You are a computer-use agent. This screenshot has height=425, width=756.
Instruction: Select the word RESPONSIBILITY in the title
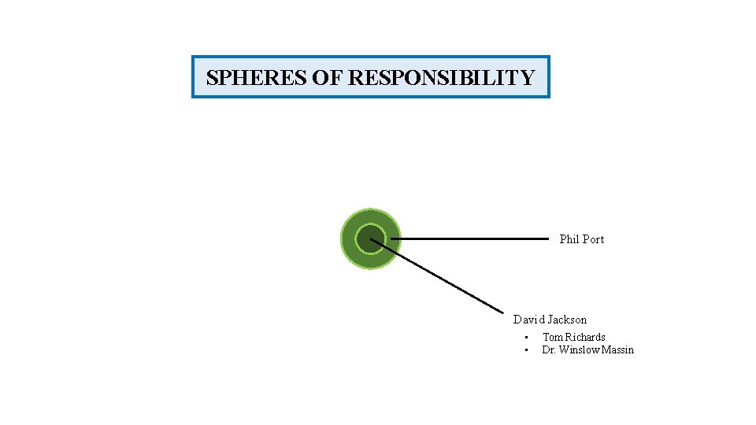441,78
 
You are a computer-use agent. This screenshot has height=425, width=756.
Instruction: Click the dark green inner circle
369,238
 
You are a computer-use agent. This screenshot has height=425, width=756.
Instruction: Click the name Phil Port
581,239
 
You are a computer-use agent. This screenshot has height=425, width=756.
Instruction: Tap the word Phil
569,239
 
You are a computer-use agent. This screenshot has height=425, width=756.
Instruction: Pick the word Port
593,239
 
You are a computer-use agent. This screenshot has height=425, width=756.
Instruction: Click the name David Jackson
550,320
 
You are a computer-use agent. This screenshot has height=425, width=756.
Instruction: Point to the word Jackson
567,320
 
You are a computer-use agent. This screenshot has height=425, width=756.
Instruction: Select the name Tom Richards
574,337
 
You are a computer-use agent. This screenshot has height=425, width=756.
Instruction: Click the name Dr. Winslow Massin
587,349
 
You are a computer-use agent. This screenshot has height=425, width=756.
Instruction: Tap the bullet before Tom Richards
525,338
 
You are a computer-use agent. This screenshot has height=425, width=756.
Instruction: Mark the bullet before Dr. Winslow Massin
525,350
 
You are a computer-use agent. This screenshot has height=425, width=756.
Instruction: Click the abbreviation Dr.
548,349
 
